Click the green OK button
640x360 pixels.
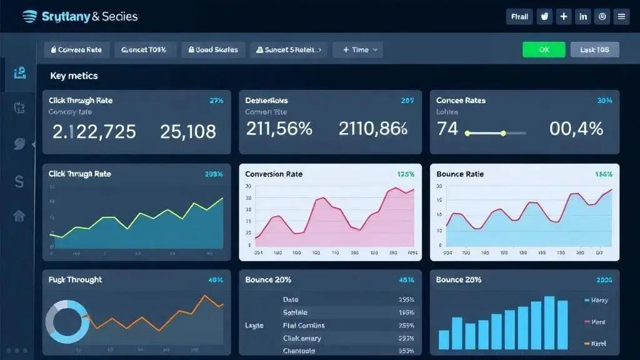(544, 50)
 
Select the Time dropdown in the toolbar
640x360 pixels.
(358, 50)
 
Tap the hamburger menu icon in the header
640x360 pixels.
(621, 17)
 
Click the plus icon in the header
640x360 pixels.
(564, 17)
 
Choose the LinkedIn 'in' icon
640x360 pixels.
(583, 17)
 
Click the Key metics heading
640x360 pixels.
(74, 76)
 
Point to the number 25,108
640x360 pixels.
(188, 131)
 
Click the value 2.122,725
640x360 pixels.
(94, 131)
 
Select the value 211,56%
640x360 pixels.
(279, 129)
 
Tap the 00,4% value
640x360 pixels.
(576, 129)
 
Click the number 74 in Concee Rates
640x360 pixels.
(447, 129)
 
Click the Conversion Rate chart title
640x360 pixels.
(274, 174)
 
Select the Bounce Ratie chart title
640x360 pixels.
(460, 174)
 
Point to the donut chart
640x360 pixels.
(67, 321)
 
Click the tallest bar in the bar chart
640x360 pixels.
(549, 322)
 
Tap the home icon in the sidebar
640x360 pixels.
(19, 216)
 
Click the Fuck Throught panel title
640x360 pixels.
(75, 279)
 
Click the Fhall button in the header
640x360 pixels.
(519, 17)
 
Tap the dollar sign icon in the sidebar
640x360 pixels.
(19, 182)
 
